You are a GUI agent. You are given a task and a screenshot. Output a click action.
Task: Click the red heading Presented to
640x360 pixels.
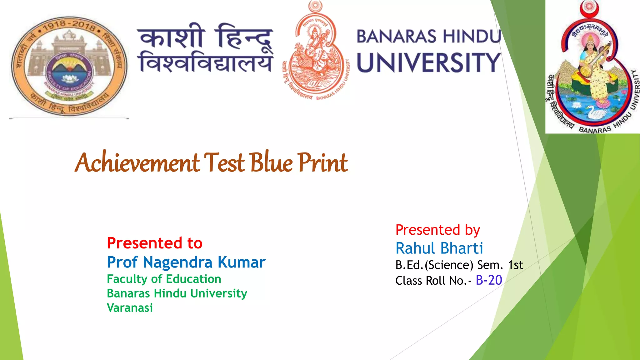tap(155, 243)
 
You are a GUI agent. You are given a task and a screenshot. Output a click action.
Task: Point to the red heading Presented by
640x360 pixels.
tap(437, 230)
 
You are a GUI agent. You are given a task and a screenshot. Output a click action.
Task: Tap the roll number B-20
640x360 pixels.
tap(489, 280)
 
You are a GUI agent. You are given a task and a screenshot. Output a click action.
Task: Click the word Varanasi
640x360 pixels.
tap(130, 308)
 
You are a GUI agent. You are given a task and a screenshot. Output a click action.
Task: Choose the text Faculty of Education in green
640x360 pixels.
tap(164, 279)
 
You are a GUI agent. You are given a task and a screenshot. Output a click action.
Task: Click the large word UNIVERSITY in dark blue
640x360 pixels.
tap(429, 62)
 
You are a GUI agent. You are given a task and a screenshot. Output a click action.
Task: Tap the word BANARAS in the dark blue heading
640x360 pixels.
tap(396, 37)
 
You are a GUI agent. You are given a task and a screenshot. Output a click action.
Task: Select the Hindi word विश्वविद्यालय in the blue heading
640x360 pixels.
tap(206, 62)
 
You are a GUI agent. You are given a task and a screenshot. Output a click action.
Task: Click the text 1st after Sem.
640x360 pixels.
tap(515, 265)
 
